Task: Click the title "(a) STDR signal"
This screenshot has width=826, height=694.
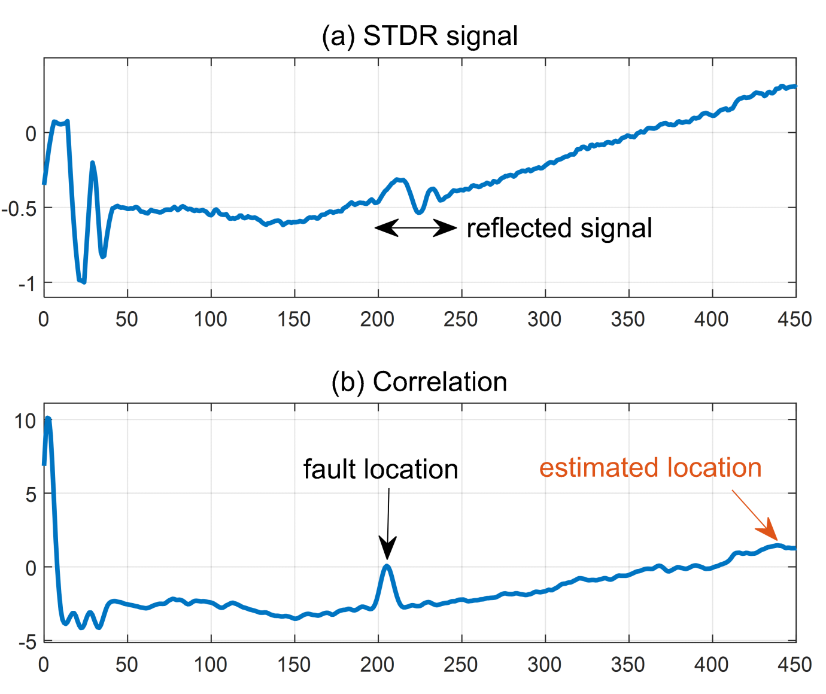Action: click(420, 36)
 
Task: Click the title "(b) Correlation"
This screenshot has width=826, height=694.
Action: click(419, 382)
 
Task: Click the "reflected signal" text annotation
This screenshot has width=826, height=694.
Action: click(559, 229)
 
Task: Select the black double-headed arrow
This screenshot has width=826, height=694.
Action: click(416, 227)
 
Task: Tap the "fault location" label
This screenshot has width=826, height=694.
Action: click(381, 470)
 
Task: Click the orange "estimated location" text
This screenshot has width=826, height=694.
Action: click(650, 468)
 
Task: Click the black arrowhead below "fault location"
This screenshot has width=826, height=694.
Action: click(387, 548)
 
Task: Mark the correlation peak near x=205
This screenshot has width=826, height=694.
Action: click(387, 565)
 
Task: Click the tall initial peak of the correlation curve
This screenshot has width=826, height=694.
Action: click(48, 419)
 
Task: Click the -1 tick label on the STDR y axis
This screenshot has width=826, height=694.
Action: click(27, 283)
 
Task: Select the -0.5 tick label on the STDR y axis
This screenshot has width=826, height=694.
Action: click(19, 208)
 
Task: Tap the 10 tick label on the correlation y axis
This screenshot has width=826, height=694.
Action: click(25, 421)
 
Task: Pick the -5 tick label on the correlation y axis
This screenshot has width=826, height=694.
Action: click(27, 643)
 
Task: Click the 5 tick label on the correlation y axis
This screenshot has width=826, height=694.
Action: click(30, 495)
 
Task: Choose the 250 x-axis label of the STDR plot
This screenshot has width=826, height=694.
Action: click(461, 319)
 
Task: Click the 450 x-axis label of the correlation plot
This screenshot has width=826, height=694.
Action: click(794, 665)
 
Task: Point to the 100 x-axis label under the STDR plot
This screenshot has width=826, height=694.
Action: click(210, 319)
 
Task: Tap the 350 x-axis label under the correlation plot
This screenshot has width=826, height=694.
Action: click(628, 665)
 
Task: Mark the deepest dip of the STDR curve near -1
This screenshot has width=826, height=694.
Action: click(83, 281)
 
